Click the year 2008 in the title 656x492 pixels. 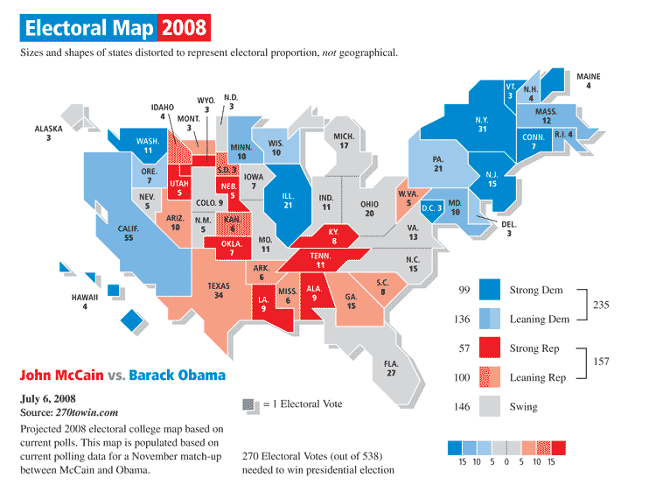(185, 29)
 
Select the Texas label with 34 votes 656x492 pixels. (219, 290)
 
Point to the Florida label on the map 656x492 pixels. (391, 368)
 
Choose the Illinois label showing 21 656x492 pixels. (289, 200)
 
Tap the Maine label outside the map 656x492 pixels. (589, 81)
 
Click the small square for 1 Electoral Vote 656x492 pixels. (249, 404)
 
